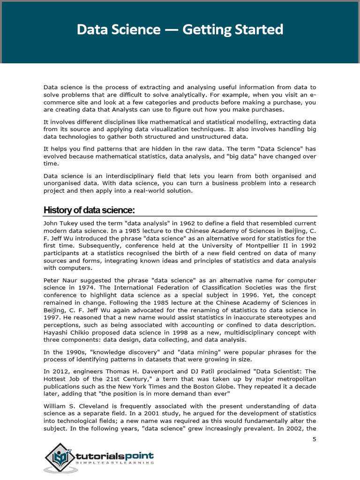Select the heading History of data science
click(x=89, y=210)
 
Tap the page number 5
click(x=314, y=439)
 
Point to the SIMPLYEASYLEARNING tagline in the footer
click(x=114, y=463)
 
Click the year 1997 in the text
click(x=52, y=317)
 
